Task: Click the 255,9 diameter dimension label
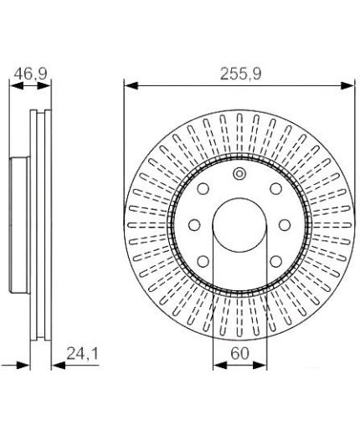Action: click(x=240, y=74)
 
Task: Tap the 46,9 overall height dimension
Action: click(x=31, y=74)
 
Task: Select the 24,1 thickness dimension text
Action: click(x=83, y=354)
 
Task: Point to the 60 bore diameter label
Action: click(x=239, y=354)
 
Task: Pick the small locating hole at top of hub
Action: click(x=239, y=173)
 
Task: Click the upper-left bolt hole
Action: click(x=203, y=188)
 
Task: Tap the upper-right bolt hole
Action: click(x=275, y=188)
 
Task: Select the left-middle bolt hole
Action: click(x=194, y=225)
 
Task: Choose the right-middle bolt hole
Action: click(x=285, y=225)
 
